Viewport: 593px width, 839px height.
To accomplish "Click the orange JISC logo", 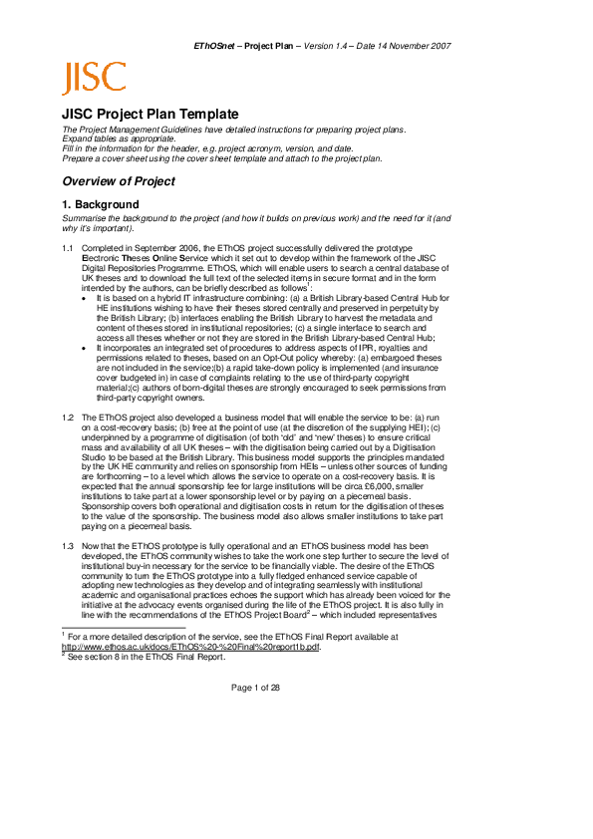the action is [94, 77].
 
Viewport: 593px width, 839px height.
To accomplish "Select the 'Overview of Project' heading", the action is [118, 181].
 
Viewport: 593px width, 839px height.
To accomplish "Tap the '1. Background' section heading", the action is [100, 204].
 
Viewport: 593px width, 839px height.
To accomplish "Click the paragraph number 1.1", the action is [67, 247].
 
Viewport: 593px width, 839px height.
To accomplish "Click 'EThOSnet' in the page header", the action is [217, 46].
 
